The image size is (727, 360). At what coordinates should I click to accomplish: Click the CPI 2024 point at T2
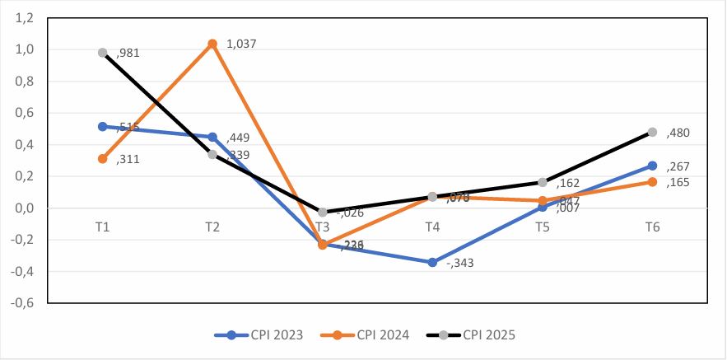[x=212, y=44]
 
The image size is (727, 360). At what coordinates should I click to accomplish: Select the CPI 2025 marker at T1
[x=103, y=53]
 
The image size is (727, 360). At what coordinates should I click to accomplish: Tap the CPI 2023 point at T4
[x=432, y=262]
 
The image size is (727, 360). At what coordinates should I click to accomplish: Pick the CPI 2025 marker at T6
[x=652, y=132]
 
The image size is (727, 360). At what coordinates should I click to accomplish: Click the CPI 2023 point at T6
[x=652, y=166]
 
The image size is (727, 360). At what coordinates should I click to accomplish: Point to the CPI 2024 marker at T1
[x=103, y=158]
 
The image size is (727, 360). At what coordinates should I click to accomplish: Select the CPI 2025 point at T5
[x=543, y=182]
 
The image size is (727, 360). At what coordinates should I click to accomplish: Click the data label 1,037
[x=241, y=44]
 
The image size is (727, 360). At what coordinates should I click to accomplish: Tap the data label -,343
[x=461, y=263]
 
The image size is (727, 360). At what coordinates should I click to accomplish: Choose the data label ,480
[x=678, y=133]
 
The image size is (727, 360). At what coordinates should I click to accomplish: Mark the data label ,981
[x=128, y=54]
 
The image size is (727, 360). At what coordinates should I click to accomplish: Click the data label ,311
[x=128, y=160]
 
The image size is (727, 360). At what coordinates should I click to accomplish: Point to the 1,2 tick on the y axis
[x=24, y=18]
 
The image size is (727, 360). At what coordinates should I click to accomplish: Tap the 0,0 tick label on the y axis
[x=24, y=208]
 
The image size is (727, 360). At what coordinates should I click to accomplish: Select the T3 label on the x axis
[x=322, y=227]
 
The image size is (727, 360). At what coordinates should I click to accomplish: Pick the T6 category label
[x=652, y=227]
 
